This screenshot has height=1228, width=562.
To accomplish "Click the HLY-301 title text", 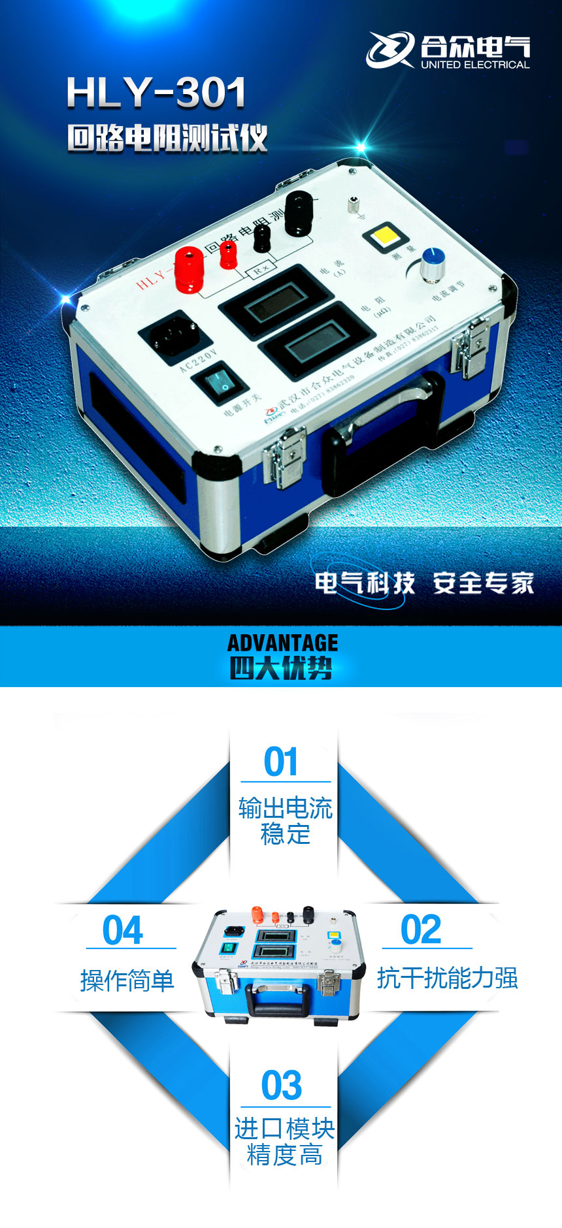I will click(156, 93).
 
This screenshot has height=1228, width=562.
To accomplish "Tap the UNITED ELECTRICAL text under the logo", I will click(475, 65).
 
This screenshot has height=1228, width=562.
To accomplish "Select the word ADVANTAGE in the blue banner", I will click(282, 643).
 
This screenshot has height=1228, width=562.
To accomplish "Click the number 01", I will click(281, 762).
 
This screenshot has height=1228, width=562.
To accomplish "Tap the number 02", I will click(421, 929).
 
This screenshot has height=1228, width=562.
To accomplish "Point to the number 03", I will click(282, 1086).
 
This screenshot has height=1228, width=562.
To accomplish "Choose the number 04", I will click(123, 930).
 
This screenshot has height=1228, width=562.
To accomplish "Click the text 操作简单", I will click(127, 980).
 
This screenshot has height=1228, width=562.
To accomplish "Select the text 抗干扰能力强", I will click(448, 978).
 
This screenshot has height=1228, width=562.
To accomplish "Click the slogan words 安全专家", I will click(484, 583).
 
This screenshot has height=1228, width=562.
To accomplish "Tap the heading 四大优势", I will click(281, 668).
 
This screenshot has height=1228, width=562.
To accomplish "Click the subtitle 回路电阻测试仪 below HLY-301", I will click(167, 138).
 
